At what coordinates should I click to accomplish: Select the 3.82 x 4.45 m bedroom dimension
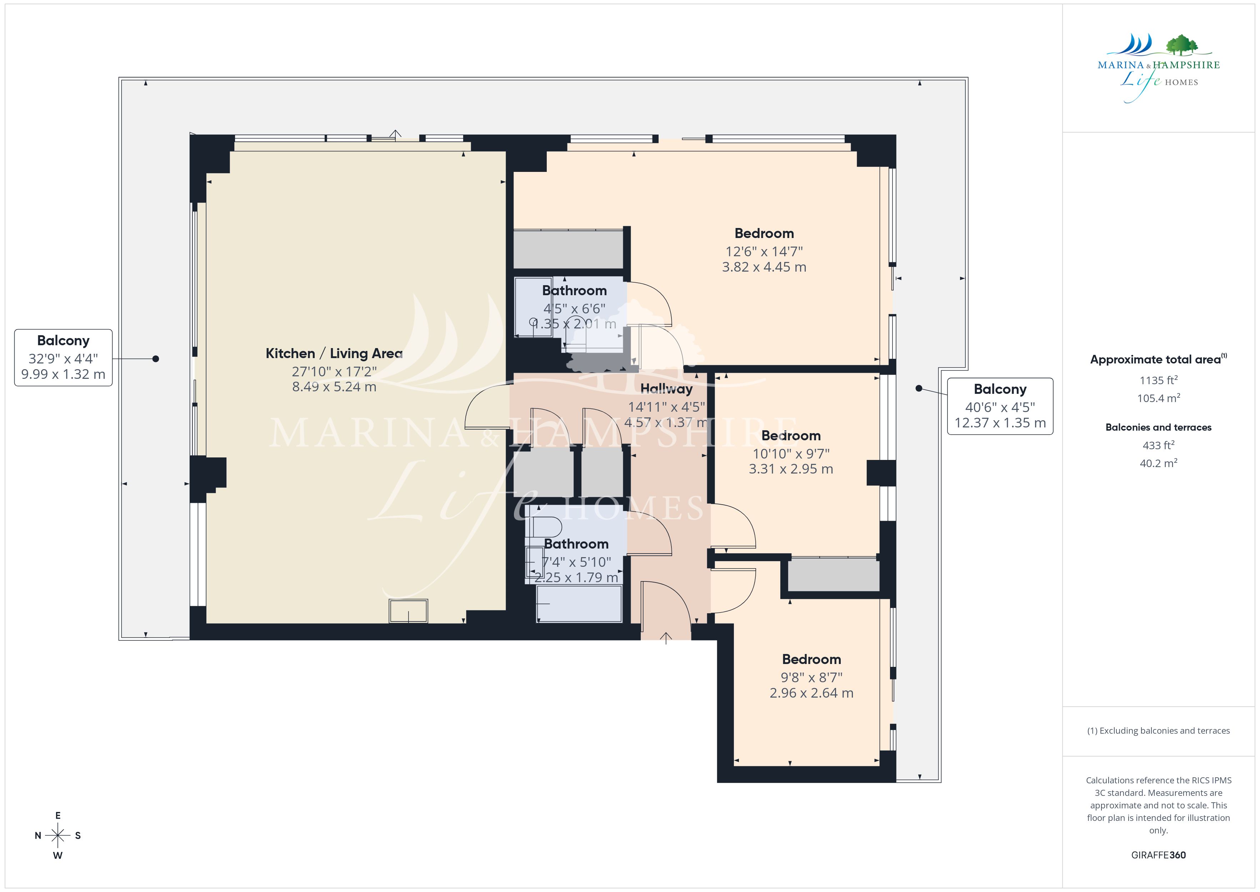[x=764, y=267]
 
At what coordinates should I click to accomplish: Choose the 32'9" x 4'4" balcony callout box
[x=63, y=358]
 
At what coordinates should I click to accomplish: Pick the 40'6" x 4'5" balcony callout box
[x=1000, y=406]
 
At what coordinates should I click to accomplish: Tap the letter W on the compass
[x=57, y=855]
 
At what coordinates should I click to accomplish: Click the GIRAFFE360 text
[x=1159, y=855]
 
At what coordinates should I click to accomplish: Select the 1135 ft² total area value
[x=1159, y=380]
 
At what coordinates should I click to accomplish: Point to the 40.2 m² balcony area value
[x=1159, y=463]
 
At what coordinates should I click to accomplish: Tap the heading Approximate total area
[x=1155, y=360]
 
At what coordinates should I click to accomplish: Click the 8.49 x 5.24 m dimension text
[x=334, y=387]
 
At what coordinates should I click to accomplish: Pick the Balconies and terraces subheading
[x=1159, y=427]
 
